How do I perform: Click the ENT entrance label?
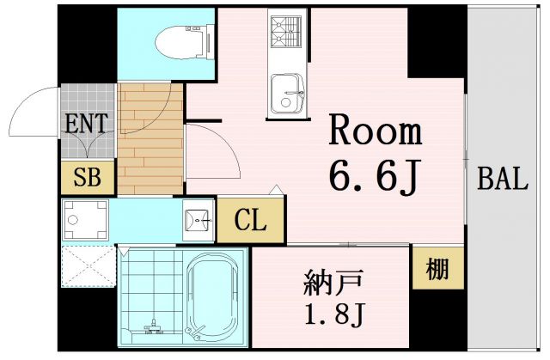86,122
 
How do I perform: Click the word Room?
376,132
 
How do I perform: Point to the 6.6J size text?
374,176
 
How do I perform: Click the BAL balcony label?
502,179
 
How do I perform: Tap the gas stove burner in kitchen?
285,33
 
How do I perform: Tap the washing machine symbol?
88,221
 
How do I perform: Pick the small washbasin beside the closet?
198,221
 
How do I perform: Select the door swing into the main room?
206,148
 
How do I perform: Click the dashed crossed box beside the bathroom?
87,265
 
